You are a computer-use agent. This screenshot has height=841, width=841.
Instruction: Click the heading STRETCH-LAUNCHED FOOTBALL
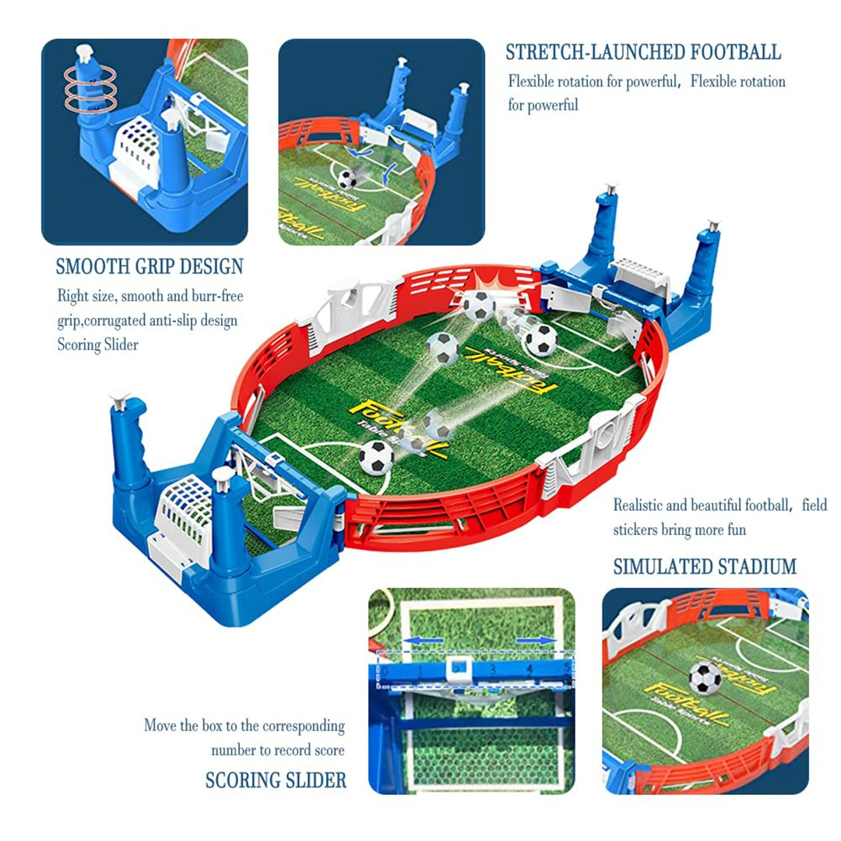click(x=642, y=52)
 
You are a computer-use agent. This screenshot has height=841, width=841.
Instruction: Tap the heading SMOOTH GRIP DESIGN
click(x=150, y=266)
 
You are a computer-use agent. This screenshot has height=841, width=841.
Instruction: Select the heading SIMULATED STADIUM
click(x=705, y=566)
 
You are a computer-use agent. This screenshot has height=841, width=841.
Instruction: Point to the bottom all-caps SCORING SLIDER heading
click(x=276, y=779)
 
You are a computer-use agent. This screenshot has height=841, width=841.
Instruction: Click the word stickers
click(x=635, y=530)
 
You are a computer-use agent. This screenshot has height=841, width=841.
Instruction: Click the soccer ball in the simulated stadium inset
click(x=706, y=677)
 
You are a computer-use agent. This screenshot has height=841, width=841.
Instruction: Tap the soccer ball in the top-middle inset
click(x=347, y=179)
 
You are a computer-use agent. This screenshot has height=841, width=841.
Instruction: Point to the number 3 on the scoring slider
click(x=493, y=668)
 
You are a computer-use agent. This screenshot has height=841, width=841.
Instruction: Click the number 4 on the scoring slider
click(x=529, y=668)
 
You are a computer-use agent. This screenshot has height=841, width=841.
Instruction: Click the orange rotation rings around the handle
click(x=90, y=87)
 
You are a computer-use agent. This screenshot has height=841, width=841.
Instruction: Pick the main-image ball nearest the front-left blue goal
click(x=377, y=457)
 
